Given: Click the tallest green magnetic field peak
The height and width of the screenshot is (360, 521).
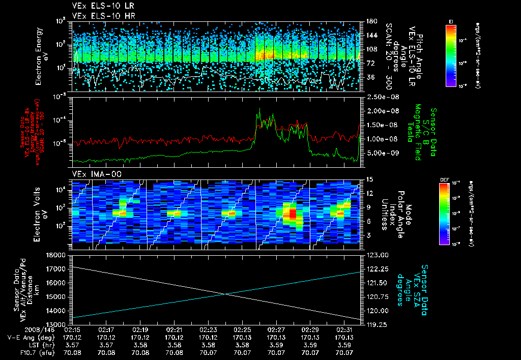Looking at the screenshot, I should [x=259, y=109].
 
